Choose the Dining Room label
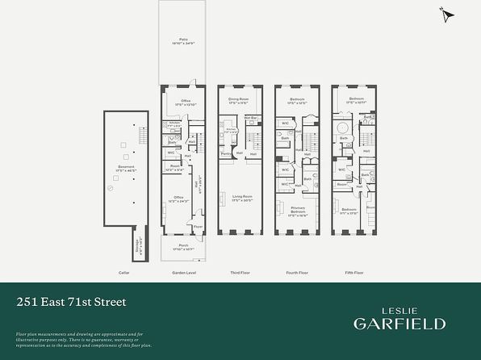pos(237,99)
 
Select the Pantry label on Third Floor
pos(227,153)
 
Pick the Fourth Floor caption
pos(298,273)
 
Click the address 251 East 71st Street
pos(71,302)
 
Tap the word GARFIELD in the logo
pos(399,324)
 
